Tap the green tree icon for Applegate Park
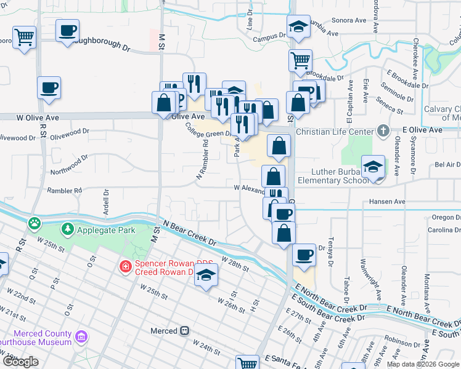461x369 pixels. pyautogui.click(x=67, y=229)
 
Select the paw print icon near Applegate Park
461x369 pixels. pyautogui.click(x=35, y=221)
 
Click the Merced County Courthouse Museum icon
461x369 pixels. pyautogui.click(x=81, y=337)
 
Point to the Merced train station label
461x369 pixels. pyautogui.click(x=164, y=331)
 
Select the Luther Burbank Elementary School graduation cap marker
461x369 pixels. pyautogui.click(x=373, y=167)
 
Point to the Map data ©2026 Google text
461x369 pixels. pyautogui.click(x=422, y=364)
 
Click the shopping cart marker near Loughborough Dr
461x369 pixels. pyautogui.click(x=24, y=38)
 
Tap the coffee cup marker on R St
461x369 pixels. pyautogui.click(x=49, y=88)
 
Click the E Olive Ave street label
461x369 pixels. pyautogui.click(x=422, y=130)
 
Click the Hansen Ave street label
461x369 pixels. pyautogui.click(x=386, y=201)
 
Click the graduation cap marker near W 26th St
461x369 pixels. pyautogui.click(x=206, y=276)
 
